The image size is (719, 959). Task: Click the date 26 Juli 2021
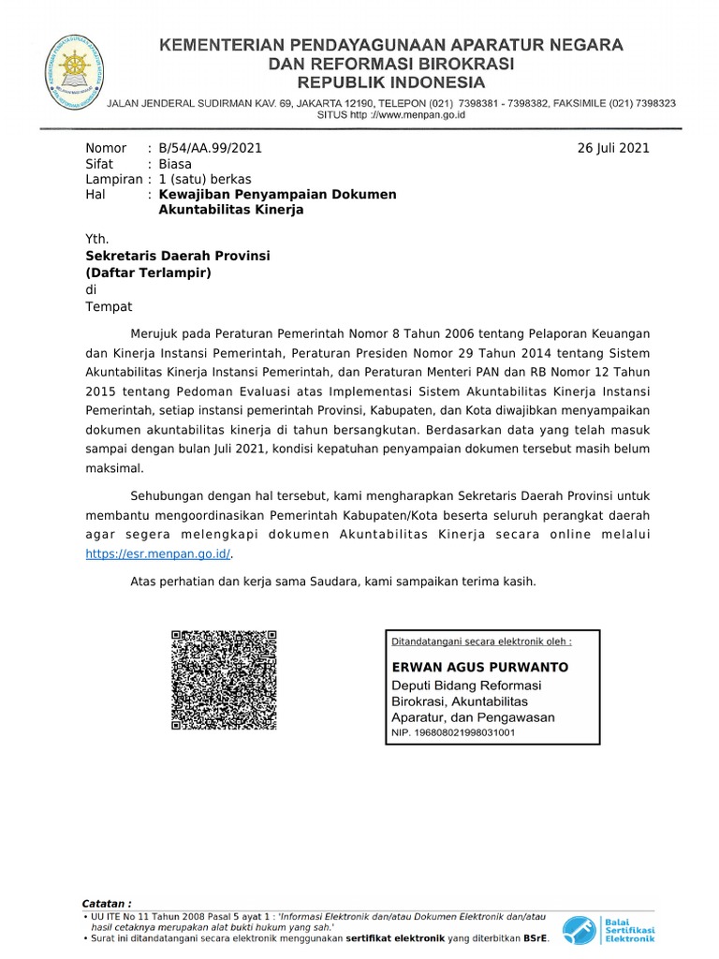pyautogui.click(x=614, y=148)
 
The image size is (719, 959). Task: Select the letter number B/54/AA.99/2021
pyautogui.click(x=211, y=148)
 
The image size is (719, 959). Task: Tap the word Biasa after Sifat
pyautogui.click(x=175, y=164)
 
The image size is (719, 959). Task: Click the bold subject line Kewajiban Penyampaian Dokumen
pyautogui.click(x=277, y=194)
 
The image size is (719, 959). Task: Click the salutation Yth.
pyautogui.click(x=97, y=239)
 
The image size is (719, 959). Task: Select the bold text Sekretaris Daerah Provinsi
pyautogui.click(x=178, y=256)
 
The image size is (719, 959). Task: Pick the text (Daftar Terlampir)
pyautogui.click(x=149, y=273)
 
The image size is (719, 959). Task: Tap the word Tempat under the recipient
pyautogui.click(x=109, y=306)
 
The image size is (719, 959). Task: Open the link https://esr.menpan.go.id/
pyautogui.click(x=158, y=553)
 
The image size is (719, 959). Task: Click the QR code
pyautogui.click(x=224, y=681)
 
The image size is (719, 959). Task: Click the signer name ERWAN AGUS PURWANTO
pyautogui.click(x=478, y=668)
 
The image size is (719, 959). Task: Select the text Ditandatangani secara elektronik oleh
pyautogui.click(x=480, y=642)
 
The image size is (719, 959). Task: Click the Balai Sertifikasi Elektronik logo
pyautogui.click(x=609, y=929)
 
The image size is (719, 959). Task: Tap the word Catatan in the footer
pyautogui.click(x=107, y=903)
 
